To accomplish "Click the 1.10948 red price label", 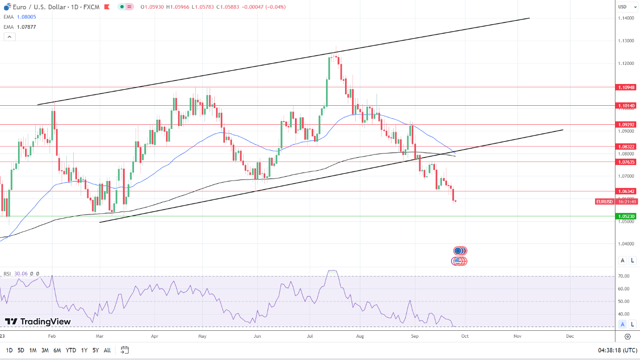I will [x=626, y=87].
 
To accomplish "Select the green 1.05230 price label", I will [x=626, y=216].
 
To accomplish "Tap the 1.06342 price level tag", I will [x=626, y=191].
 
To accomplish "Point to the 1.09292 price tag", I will [x=626, y=125].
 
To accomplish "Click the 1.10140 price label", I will [x=626, y=106].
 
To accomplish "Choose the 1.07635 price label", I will [x=626, y=162].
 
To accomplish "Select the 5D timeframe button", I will [x=21, y=350].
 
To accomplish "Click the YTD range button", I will [x=71, y=350].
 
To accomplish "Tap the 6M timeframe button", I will [x=57, y=350].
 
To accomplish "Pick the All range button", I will [x=107, y=350].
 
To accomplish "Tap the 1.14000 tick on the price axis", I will [x=626, y=18].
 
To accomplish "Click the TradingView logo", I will [x=38, y=321].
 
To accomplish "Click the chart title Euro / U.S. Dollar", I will [x=35, y=7].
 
